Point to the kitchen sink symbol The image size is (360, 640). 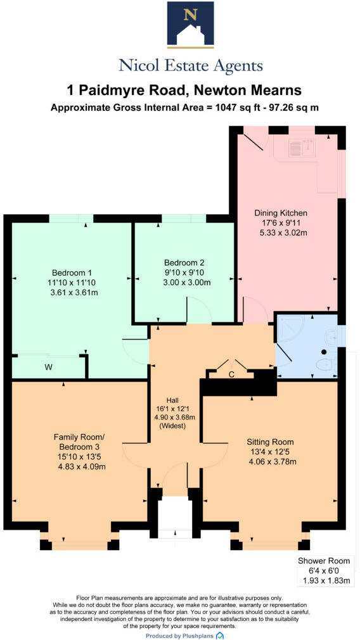(x=302, y=148)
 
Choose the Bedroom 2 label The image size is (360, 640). (x=184, y=262)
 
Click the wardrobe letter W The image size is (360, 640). (x=48, y=367)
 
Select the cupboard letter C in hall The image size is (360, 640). (x=232, y=374)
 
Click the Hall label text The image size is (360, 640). (x=172, y=399)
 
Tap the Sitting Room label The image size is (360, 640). (x=271, y=441)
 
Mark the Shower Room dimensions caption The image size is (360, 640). (x=324, y=570)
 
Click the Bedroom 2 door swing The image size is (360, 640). (x=198, y=310)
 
